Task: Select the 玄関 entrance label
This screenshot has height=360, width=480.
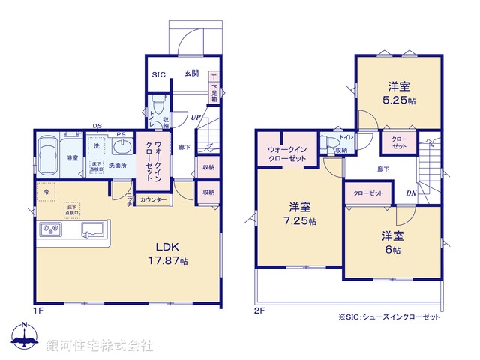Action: [191, 73]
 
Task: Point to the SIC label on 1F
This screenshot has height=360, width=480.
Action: [158, 73]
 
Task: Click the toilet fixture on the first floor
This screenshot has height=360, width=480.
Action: [157, 104]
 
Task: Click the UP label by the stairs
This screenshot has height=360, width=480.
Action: [195, 117]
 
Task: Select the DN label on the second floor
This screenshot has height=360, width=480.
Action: [412, 193]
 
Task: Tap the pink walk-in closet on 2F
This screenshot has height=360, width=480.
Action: [286, 153]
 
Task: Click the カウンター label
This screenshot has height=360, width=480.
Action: [154, 200]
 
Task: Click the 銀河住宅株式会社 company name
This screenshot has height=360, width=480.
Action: [100, 346]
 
